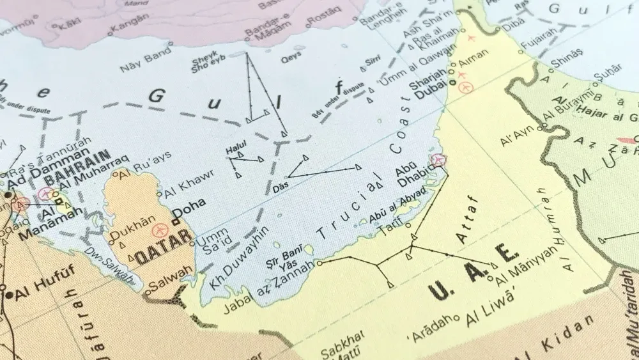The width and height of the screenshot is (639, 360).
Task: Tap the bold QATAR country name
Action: click(x=162, y=248)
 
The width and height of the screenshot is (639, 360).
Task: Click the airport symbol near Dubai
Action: click(x=466, y=86)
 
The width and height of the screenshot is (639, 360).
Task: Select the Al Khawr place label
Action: click(x=184, y=185)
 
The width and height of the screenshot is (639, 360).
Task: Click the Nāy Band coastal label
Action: click(x=140, y=62)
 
